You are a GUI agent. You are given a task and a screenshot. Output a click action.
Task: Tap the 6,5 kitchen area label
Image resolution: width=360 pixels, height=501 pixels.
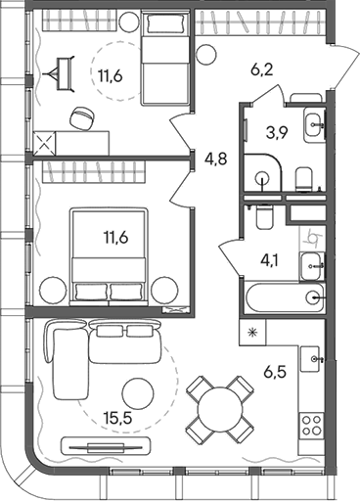275,373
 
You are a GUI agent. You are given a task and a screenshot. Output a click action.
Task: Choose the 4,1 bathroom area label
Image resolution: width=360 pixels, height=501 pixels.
269,259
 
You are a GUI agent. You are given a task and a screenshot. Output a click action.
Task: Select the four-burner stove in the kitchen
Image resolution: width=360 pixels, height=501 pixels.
311,424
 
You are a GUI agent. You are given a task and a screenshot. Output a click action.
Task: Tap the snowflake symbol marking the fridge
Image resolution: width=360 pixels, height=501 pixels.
252,334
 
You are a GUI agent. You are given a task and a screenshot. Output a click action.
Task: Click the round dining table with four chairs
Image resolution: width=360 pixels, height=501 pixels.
220,407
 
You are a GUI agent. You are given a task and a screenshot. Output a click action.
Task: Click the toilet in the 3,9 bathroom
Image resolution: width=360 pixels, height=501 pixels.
303,176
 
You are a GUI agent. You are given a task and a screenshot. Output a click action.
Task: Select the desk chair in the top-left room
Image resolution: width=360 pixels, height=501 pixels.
80,116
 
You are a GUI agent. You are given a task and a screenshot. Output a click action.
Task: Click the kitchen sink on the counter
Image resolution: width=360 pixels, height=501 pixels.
312,359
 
